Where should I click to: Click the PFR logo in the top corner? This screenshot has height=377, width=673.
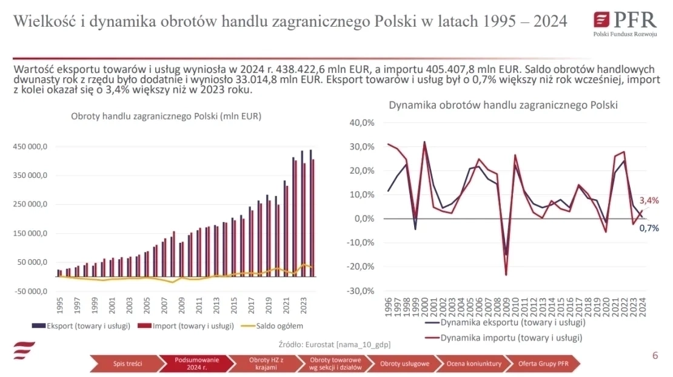pos(624,24)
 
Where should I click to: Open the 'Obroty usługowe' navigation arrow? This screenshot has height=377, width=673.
pos(404,364)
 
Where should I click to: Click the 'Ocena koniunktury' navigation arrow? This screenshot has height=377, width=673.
pos(474,364)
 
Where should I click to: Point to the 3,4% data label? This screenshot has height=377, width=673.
pos(648,200)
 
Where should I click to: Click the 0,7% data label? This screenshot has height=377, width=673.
pos(649,228)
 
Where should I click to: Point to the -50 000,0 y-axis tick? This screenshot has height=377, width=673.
pos(30,291)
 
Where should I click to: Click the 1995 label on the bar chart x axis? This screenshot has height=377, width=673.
pos(59,304)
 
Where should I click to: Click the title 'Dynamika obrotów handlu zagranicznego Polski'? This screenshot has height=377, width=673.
pos(503,105)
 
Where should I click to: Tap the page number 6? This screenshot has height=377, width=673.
pos(655,356)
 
